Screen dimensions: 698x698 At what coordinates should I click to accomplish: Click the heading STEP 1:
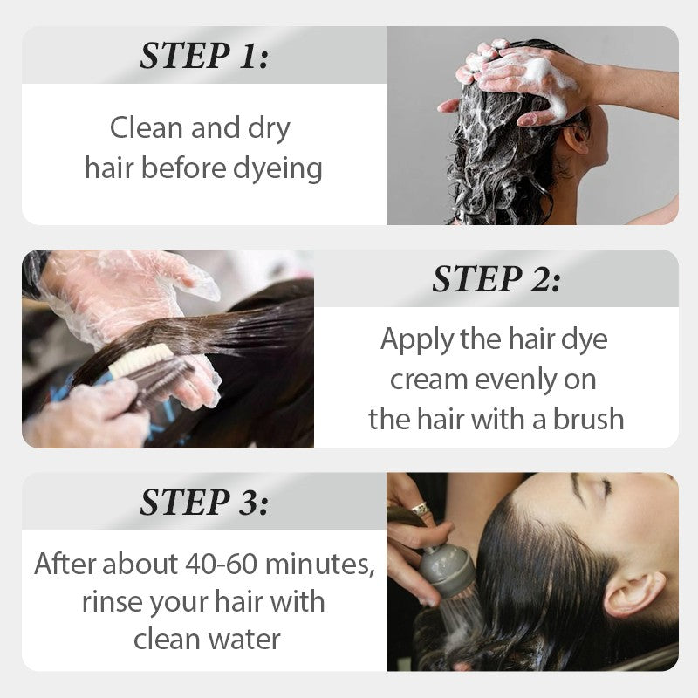[204, 56]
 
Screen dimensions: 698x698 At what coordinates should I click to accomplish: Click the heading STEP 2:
[496, 278]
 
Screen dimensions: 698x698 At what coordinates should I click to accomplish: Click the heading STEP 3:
[204, 502]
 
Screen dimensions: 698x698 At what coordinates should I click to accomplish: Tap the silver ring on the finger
[420, 509]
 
